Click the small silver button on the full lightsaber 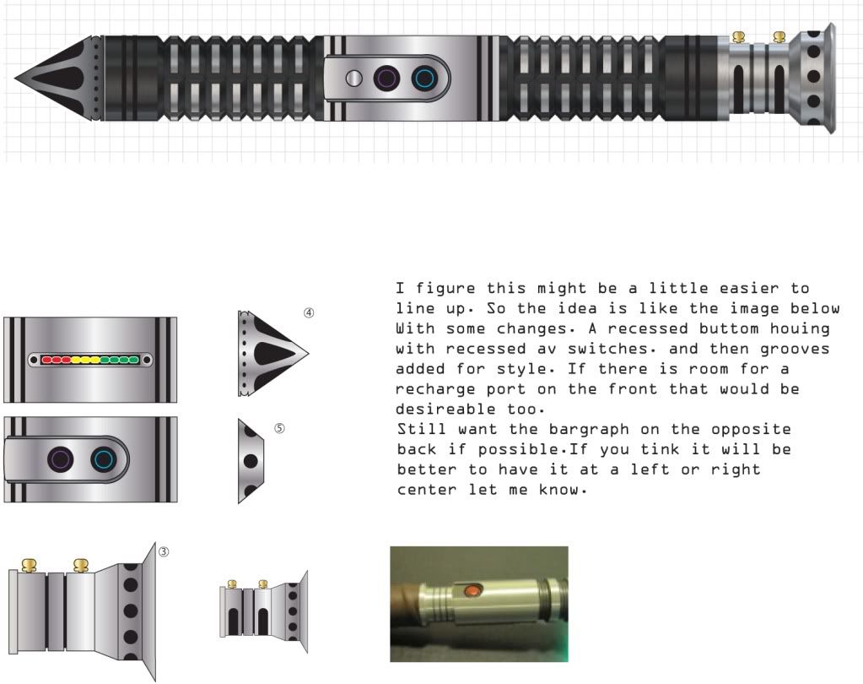click(354, 79)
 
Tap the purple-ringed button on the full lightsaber click(387, 79)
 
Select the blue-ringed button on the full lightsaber click(424, 79)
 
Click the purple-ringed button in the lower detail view click(61, 460)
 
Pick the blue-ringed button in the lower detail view click(104, 460)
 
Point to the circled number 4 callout click(309, 312)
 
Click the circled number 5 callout click(279, 428)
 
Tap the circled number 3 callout click(164, 551)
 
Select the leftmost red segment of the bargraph click(47, 361)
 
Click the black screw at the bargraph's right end click(147, 361)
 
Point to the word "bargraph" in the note click(589, 429)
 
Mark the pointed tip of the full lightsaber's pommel click(15, 78)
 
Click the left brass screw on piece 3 click(30, 564)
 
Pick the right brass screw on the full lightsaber click(779, 37)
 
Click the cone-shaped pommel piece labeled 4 click(273, 353)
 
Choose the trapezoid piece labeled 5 click(251, 460)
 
